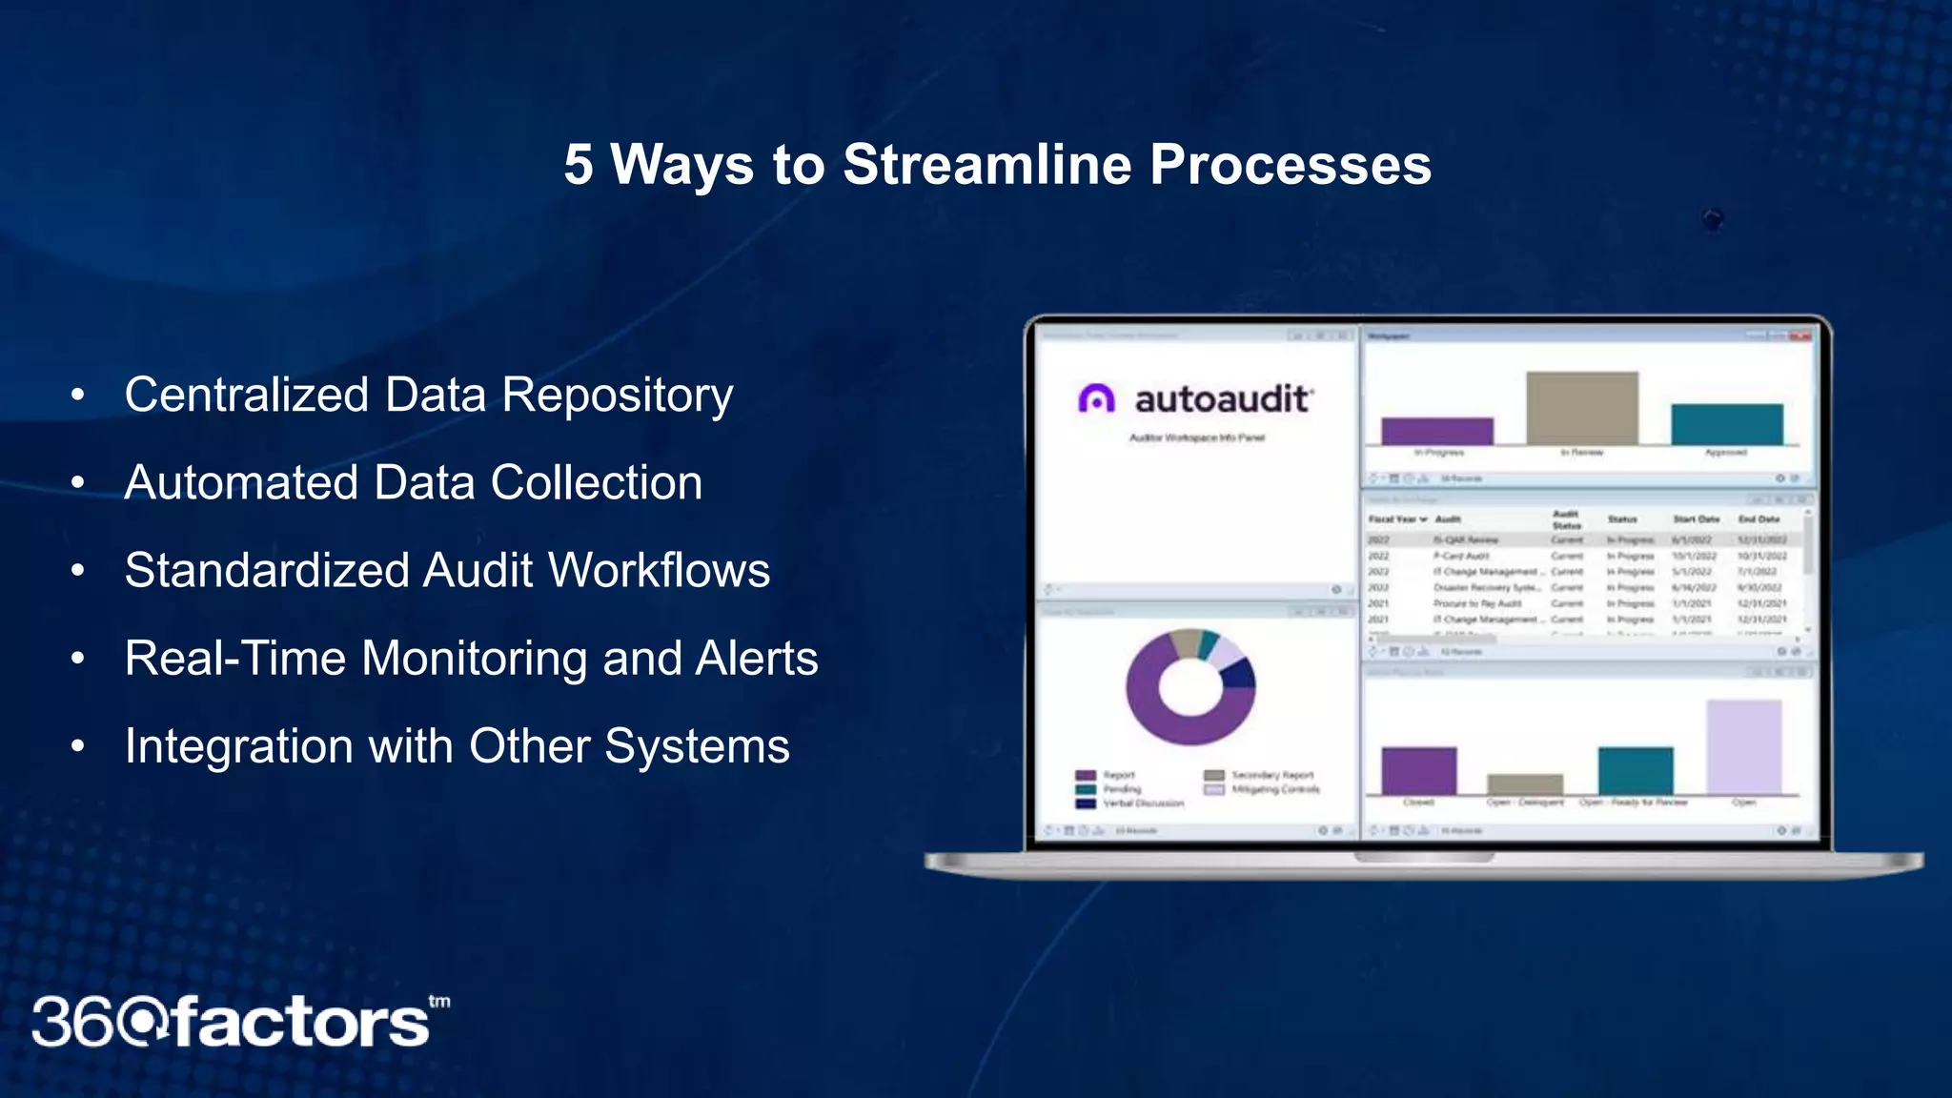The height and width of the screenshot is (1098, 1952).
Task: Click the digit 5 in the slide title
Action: coord(578,165)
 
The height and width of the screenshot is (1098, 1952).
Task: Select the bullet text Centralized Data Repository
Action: coord(428,395)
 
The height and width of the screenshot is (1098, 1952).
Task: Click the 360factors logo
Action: coord(238,1022)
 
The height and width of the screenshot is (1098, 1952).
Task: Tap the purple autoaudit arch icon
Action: coord(1096,398)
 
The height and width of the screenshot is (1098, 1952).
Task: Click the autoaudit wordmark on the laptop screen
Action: coord(1223,398)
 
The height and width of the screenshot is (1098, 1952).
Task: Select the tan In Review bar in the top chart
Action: coord(1581,408)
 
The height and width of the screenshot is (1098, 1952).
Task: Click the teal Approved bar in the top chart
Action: coord(1726,424)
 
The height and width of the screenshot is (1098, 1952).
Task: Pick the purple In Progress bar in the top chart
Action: coord(1436,431)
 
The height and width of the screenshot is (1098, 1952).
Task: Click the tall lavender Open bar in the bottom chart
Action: coord(1743,746)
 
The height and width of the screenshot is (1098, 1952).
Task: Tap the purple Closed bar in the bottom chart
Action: coord(1418,770)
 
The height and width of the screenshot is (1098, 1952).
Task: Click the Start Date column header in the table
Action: coord(1696,519)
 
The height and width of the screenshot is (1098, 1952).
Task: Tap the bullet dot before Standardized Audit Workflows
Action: coord(78,570)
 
